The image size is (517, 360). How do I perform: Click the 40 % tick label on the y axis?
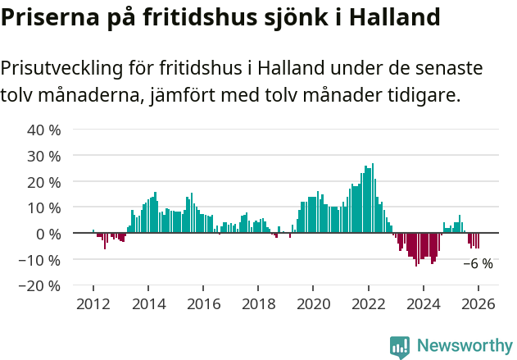(44, 130)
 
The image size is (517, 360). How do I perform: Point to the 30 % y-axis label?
(44, 156)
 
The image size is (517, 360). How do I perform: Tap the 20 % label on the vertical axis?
(44, 181)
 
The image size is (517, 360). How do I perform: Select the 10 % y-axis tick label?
(44, 207)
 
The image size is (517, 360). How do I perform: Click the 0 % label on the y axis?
(48, 234)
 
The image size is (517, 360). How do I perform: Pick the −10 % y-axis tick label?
(41, 260)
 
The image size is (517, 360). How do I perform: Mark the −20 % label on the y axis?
(41, 286)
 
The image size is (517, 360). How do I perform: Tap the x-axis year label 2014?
(148, 303)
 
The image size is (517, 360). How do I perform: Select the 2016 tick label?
(203, 303)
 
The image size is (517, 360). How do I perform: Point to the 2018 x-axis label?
(258, 303)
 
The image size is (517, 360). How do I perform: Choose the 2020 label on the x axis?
(313, 303)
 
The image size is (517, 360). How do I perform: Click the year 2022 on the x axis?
(368, 303)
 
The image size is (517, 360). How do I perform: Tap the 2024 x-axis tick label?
(423, 303)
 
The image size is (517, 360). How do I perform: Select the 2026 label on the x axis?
(478, 303)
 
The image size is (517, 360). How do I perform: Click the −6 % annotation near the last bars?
(478, 264)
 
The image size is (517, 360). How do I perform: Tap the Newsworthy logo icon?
(399, 347)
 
